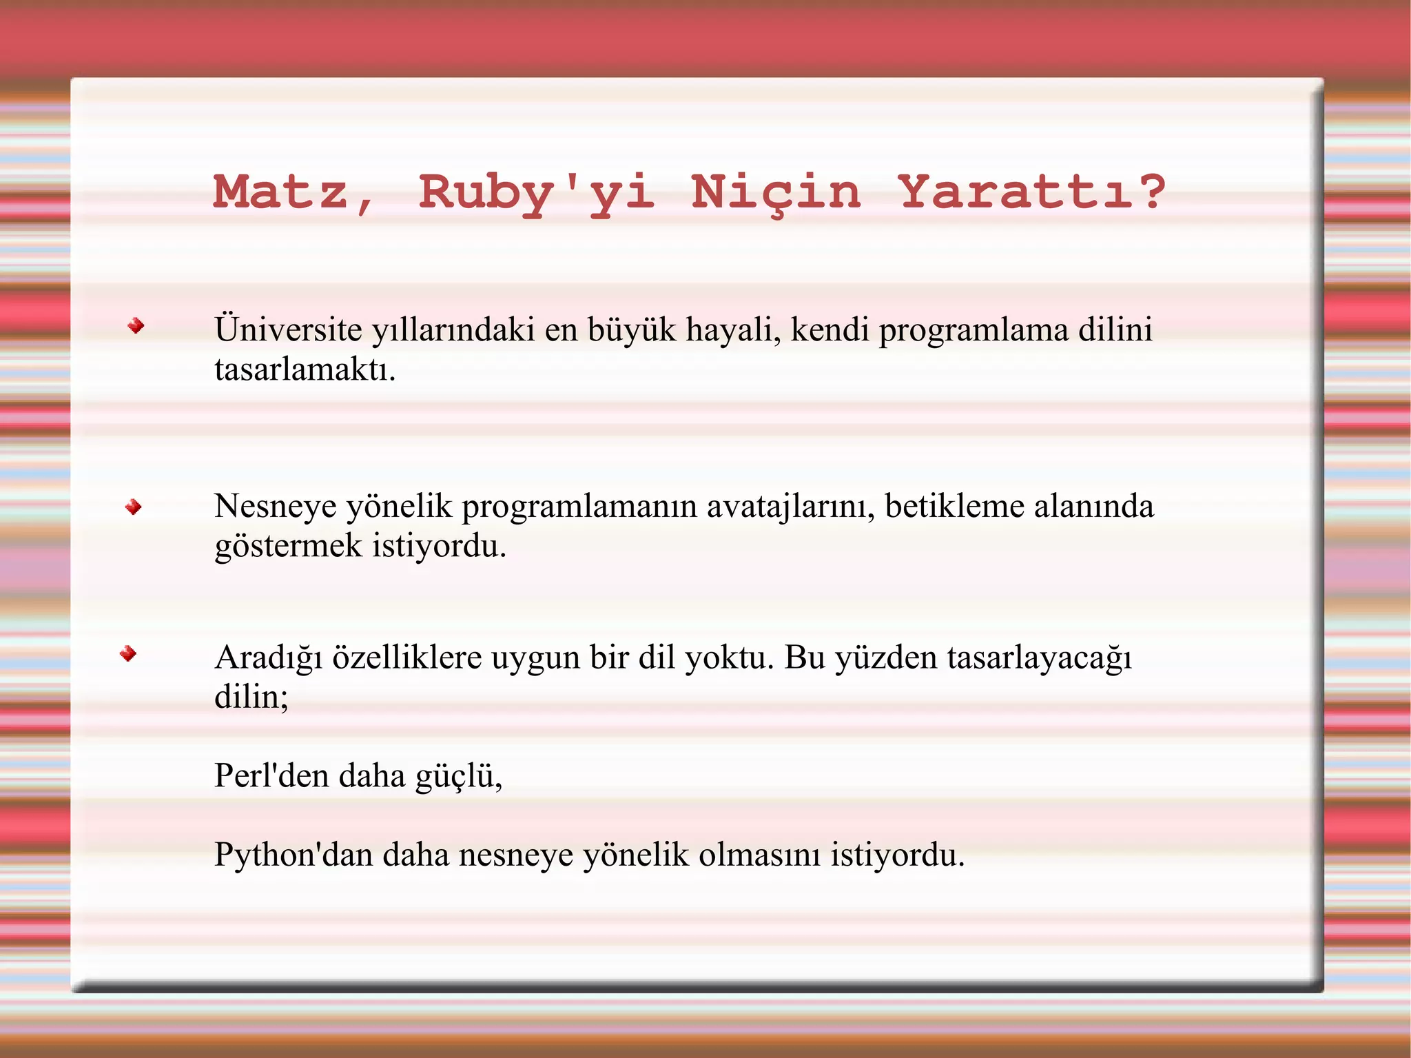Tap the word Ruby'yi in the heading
click(x=536, y=193)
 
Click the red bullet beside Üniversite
click(x=136, y=326)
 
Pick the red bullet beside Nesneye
click(x=134, y=508)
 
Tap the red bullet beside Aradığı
click(x=128, y=653)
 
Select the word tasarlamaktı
click(x=305, y=370)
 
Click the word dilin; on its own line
click(x=251, y=697)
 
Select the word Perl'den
click(x=271, y=776)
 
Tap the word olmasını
click(x=759, y=855)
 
